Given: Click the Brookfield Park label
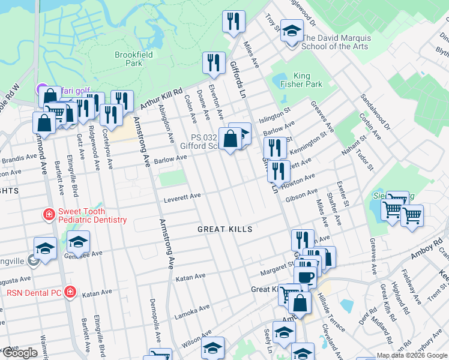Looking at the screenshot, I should [133, 59].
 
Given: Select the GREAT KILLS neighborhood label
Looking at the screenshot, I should [225, 230].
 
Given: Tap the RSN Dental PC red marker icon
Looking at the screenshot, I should [70, 293].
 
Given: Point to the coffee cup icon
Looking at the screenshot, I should [305, 277].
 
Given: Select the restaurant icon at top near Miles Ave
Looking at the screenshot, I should [233, 22].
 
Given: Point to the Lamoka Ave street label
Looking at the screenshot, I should [192, 308].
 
